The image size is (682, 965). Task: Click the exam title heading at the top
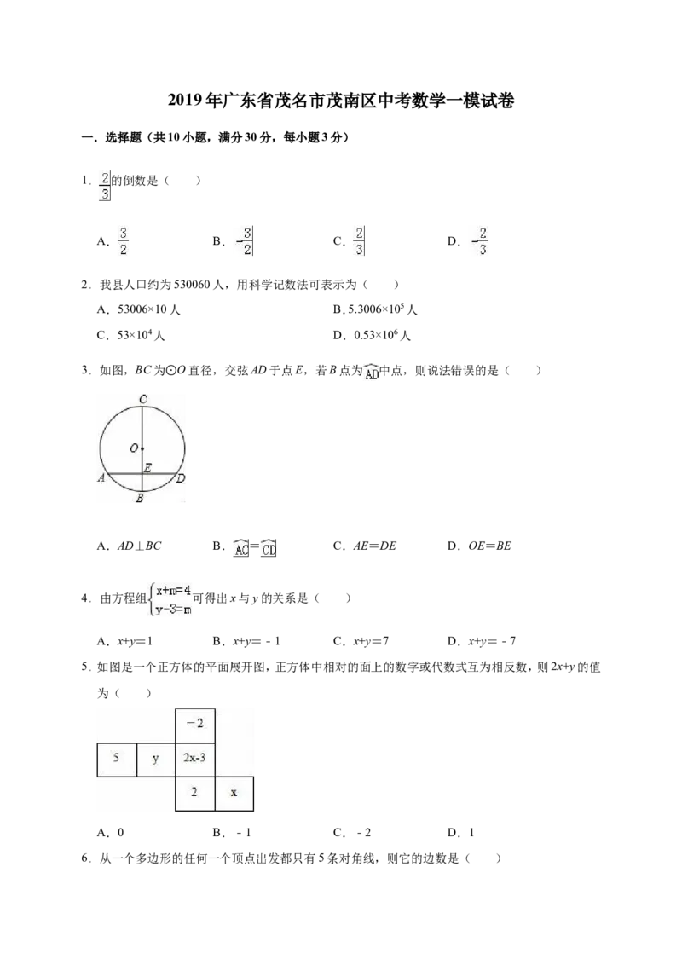341,101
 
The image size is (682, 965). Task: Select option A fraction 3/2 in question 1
114,241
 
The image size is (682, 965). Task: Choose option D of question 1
468,241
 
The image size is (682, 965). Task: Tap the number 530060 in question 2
193,285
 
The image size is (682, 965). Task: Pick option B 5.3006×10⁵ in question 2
375,309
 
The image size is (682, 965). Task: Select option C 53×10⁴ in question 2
131,335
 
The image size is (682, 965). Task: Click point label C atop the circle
143,399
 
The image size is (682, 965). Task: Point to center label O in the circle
134,448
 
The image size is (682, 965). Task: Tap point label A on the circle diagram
101,477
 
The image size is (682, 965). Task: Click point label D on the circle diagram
181,478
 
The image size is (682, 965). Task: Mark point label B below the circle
140,498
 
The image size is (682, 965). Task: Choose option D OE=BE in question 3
479,546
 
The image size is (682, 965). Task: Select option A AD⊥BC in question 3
130,546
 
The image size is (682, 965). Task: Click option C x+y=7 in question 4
361,641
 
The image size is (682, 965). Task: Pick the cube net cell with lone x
234,794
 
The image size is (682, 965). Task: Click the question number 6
87,858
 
